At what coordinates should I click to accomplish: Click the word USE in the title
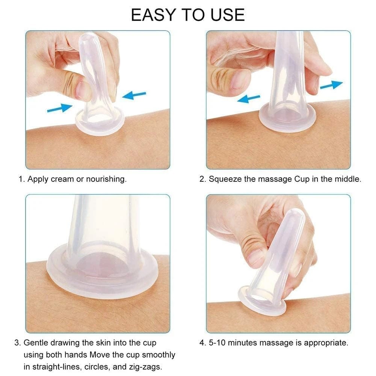tap(228, 15)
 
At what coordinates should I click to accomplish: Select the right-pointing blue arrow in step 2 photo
tap(331, 85)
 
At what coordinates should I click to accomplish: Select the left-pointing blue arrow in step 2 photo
tap(248, 98)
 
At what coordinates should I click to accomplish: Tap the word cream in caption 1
tap(62, 179)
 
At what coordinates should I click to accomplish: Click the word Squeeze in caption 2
tap(225, 179)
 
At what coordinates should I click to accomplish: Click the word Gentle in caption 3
tap(37, 343)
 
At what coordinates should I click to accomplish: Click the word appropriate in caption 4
tap(326, 343)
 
